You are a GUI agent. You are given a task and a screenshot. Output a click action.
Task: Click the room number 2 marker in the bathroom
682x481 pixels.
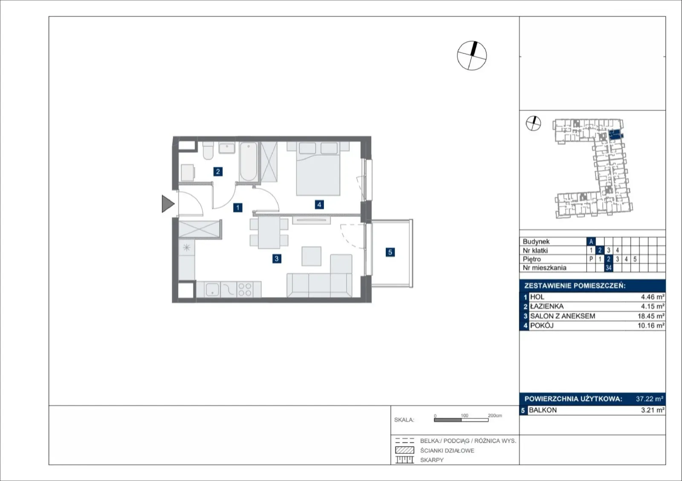[x=218, y=172]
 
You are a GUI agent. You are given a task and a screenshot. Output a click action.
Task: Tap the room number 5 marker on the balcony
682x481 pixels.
[x=390, y=252]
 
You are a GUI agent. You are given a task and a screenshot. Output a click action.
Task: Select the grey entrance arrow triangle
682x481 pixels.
[x=168, y=204]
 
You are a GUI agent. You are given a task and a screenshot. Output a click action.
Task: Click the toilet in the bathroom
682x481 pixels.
[x=208, y=150]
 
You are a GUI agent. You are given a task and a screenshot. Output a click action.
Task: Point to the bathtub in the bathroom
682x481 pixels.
[x=249, y=162]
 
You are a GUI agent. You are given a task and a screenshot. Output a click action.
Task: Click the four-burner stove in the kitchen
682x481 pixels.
[x=245, y=289]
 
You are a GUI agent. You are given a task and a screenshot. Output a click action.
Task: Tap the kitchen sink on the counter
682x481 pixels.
[x=212, y=289]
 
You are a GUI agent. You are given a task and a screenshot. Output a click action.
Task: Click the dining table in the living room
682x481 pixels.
[x=269, y=232]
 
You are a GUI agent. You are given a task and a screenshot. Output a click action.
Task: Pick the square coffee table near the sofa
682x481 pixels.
[x=312, y=256]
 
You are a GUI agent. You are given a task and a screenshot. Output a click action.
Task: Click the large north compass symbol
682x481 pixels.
[x=472, y=56]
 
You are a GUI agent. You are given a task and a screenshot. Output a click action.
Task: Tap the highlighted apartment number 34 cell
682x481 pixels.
[x=608, y=268]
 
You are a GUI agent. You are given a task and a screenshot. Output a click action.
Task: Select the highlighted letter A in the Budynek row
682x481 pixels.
[x=591, y=242]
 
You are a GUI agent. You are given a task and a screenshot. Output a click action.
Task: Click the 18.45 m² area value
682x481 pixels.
[x=651, y=316]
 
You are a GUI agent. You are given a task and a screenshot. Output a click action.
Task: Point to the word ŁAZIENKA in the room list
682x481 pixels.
[x=547, y=306]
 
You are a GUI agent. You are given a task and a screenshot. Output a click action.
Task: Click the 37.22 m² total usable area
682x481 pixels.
[x=650, y=398]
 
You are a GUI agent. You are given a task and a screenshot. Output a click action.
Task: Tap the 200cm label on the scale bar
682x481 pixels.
[x=495, y=415]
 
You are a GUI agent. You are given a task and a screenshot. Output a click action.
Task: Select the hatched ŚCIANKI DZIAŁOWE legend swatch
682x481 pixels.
[x=405, y=450]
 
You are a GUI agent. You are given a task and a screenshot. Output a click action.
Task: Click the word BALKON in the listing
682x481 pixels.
[x=543, y=410]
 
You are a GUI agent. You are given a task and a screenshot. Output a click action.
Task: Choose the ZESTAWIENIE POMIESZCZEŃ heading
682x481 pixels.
[x=575, y=286]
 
